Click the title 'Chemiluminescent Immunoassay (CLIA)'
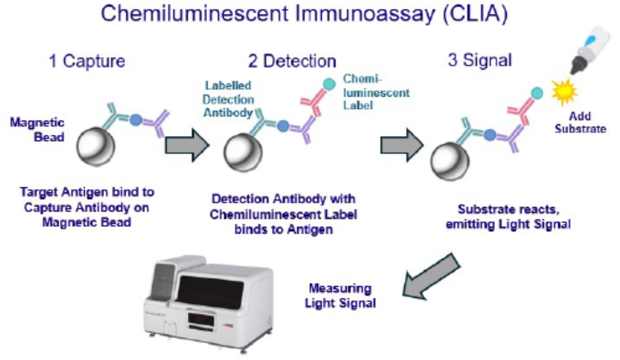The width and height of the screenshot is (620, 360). (x=309, y=15)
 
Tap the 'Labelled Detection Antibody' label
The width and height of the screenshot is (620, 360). (x=229, y=99)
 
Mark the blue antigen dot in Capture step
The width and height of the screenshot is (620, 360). (x=135, y=119)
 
